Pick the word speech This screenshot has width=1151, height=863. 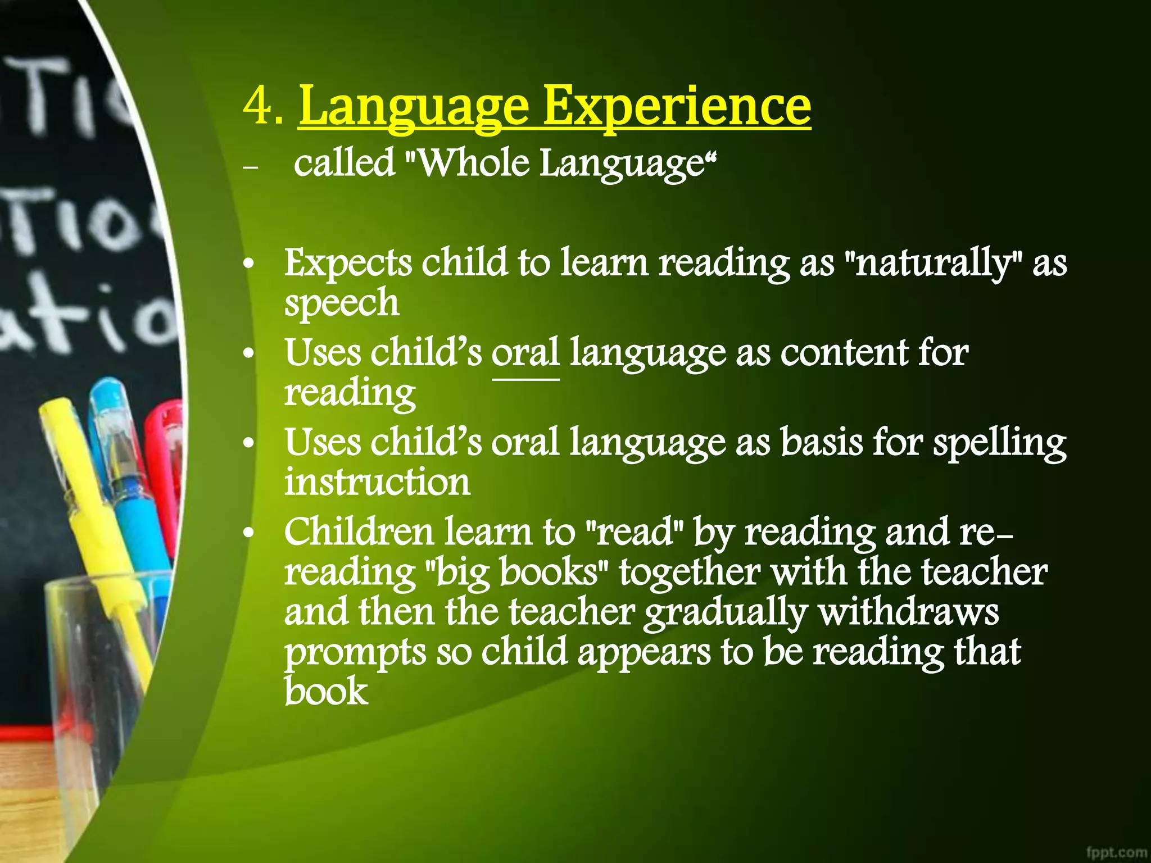341,303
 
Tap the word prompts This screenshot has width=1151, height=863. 355,653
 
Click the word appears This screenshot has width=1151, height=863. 644,653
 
